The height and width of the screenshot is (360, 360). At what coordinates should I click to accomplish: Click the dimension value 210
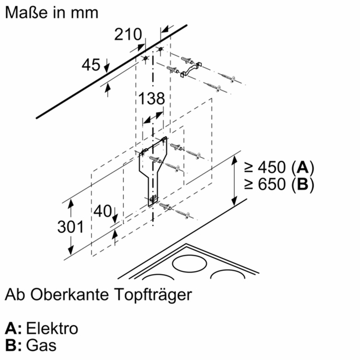point(128,34)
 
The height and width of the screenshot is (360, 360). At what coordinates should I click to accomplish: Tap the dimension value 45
point(91,65)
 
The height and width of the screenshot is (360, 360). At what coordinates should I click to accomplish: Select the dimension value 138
point(151,99)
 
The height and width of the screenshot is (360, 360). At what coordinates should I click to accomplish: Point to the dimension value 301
point(71,227)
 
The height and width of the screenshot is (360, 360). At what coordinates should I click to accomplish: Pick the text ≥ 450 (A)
point(278,168)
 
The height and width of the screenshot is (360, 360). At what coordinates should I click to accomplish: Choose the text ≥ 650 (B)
point(278,184)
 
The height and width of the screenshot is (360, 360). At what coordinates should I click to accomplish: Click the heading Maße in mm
point(51,12)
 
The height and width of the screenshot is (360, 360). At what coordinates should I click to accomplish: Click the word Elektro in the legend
point(52,328)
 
